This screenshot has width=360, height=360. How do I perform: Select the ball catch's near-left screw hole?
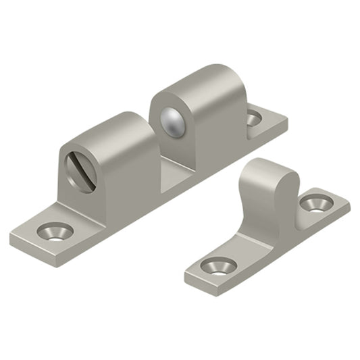[56, 232]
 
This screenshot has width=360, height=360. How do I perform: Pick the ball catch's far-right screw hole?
[253, 119]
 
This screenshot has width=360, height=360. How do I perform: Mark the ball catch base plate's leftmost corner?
[11, 238]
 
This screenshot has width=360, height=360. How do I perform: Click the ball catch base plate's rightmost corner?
[286, 122]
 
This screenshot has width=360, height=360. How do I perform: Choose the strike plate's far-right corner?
[350, 203]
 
